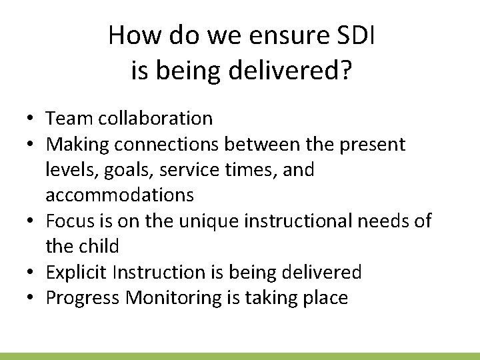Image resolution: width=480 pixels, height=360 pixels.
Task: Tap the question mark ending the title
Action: pyautogui.click(x=344, y=70)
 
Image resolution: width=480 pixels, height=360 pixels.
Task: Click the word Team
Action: pyautogui.click(x=70, y=119)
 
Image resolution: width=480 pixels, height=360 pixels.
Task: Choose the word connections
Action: pyautogui.click(x=178, y=144)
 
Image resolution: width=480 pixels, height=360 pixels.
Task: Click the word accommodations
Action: pyautogui.click(x=120, y=195)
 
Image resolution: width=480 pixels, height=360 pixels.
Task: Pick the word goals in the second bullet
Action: pyautogui.click(x=126, y=170)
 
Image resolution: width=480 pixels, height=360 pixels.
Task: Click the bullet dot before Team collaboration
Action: pyautogui.click(x=31, y=119)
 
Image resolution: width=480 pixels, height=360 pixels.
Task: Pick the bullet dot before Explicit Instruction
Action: pyautogui.click(x=31, y=273)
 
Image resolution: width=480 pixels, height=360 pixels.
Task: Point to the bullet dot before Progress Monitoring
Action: pyautogui.click(x=31, y=298)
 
